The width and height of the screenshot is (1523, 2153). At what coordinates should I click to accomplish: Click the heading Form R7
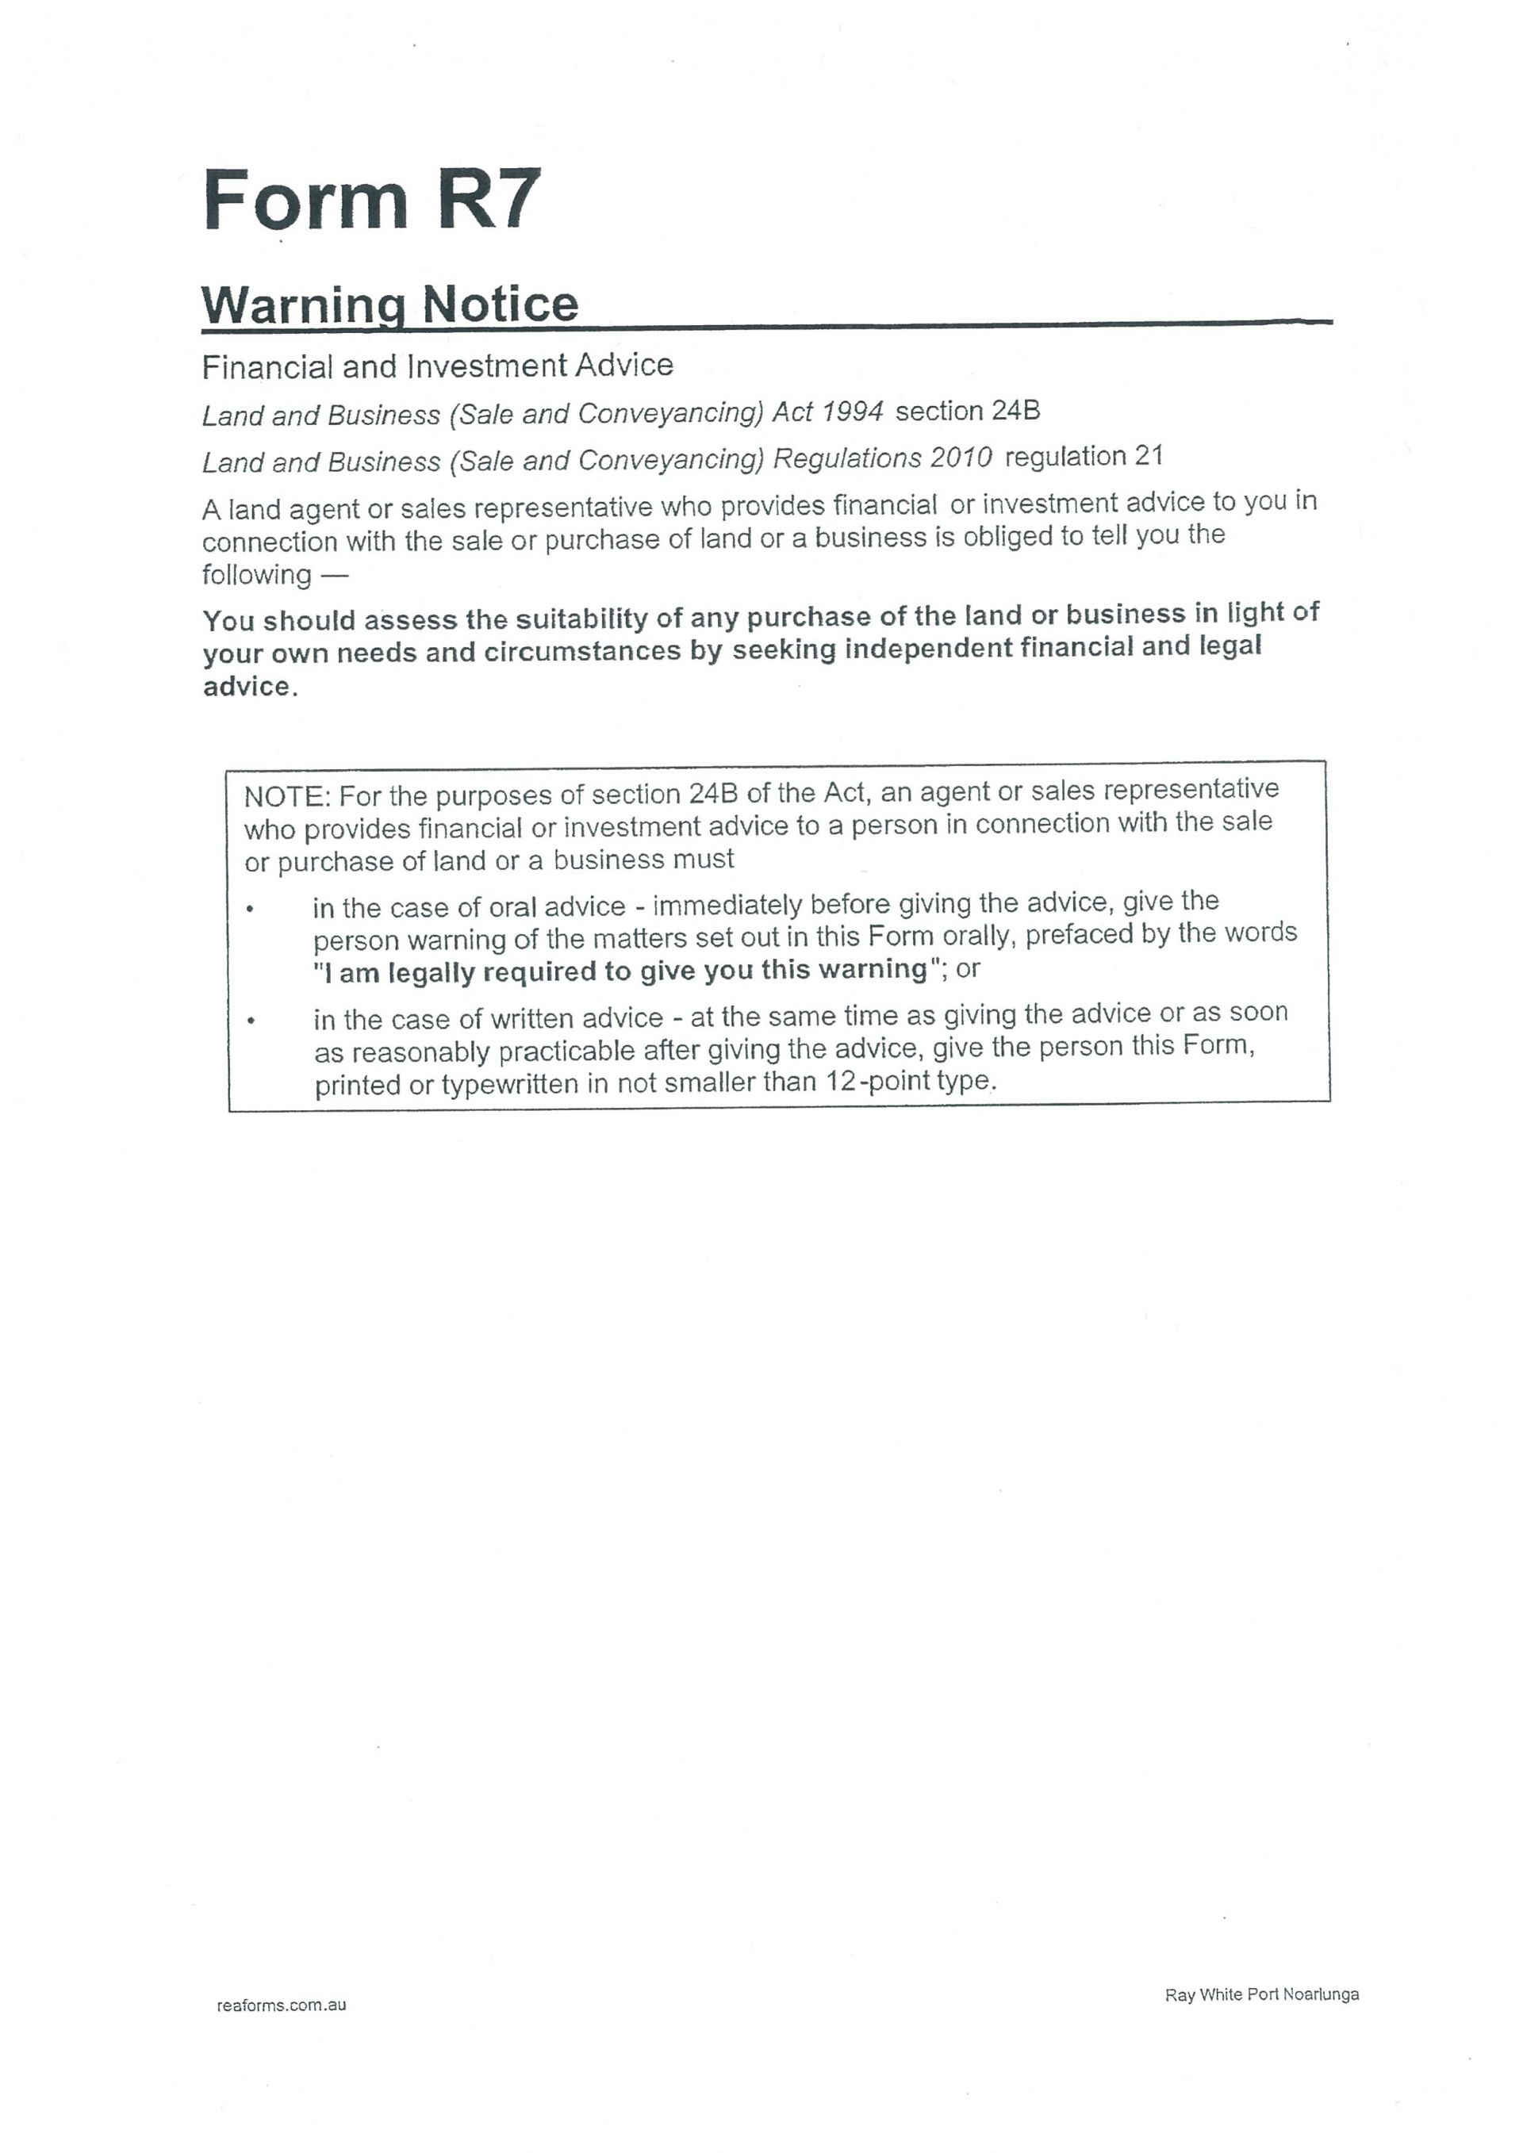coord(371,199)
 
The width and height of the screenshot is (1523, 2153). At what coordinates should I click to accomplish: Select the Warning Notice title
coord(390,305)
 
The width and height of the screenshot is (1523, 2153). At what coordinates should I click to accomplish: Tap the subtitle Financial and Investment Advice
coord(437,366)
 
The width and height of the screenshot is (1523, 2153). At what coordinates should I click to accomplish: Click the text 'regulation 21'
coord(1084,457)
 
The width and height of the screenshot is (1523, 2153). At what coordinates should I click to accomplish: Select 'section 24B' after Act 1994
coord(968,412)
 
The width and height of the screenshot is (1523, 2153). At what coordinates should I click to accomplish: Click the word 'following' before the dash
coord(256,575)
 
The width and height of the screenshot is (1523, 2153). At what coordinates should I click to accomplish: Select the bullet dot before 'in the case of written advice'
coord(251,1021)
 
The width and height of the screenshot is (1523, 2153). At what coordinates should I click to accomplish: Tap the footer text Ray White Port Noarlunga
coord(1261,1994)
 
